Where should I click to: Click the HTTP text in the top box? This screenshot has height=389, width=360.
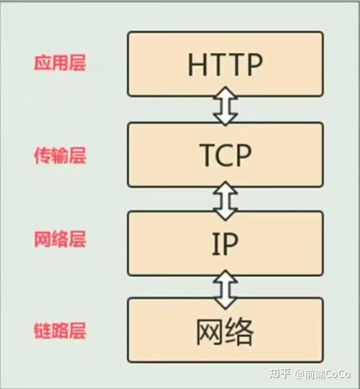(x=225, y=64)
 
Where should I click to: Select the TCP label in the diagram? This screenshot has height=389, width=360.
(x=225, y=155)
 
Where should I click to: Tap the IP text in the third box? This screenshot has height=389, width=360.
(x=225, y=244)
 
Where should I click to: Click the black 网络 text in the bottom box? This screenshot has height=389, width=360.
(x=225, y=332)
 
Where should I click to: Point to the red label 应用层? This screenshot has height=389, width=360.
(x=60, y=63)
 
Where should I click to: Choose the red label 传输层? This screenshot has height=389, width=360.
(x=60, y=155)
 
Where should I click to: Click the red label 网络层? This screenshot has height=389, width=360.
(x=60, y=239)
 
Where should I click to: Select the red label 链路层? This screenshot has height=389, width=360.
(x=60, y=330)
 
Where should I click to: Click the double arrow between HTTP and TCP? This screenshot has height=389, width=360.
(x=225, y=106)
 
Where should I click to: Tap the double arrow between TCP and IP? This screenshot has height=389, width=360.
(x=225, y=201)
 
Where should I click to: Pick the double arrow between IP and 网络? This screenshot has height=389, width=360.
(x=225, y=290)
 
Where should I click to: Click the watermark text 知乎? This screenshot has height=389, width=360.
(x=280, y=373)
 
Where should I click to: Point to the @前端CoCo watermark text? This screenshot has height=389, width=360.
(x=323, y=374)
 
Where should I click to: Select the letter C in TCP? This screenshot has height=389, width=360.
(x=225, y=155)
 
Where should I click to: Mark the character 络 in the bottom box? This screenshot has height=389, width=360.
(x=240, y=332)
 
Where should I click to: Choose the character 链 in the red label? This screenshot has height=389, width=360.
(x=42, y=330)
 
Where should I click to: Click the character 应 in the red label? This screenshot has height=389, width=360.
(x=42, y=63)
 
